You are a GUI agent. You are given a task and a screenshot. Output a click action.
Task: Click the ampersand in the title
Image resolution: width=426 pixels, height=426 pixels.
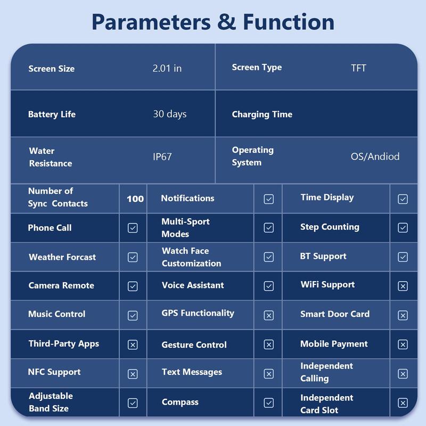[227, 22]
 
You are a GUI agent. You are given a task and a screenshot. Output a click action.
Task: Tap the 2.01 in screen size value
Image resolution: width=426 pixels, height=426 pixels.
[167, 68]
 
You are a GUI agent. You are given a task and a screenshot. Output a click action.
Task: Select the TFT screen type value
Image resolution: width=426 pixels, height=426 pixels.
[358, 68]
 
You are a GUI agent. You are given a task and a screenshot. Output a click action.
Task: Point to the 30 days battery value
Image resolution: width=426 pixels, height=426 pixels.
[170, 114]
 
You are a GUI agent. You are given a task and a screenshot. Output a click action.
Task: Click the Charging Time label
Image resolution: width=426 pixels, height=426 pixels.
[262, 114]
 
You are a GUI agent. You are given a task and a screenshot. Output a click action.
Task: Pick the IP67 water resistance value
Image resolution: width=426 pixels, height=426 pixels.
[162, 157]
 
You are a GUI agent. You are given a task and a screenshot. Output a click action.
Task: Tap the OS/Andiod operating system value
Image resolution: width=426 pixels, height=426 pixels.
[375, 157]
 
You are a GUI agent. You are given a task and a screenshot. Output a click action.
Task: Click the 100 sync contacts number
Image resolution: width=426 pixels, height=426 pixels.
[135, 199]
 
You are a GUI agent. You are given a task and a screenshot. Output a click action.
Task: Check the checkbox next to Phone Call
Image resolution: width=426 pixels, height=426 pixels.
[133, 228]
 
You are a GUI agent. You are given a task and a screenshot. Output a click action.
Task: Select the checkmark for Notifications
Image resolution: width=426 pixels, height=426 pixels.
[269, 199]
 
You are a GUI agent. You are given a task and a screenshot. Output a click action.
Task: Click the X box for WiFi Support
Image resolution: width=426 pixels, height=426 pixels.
[403, 286]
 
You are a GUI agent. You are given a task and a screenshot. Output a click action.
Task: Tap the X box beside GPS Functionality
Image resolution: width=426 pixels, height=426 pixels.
[269, 315]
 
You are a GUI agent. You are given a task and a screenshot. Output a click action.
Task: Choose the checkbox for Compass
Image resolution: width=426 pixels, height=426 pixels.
[269, 403]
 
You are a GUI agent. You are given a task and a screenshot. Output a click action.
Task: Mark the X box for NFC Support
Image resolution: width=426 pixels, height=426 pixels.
[133, 374]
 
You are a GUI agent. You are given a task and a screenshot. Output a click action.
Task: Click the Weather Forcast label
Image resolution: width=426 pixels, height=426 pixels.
[62, 257]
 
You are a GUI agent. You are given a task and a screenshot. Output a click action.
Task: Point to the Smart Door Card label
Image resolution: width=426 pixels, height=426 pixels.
[335, 314]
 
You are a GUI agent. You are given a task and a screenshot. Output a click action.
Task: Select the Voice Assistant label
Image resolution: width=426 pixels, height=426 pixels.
[193, 285]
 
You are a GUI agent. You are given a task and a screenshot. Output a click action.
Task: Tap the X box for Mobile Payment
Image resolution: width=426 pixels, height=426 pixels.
[403, 345]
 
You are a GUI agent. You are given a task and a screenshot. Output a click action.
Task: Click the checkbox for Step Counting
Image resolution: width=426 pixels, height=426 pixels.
[403, 228]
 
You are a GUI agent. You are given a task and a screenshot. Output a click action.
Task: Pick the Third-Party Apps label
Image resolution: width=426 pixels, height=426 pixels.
[64, 343]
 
